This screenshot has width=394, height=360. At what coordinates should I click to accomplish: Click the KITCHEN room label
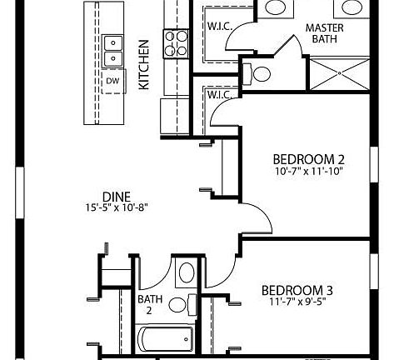(x=143, y=64)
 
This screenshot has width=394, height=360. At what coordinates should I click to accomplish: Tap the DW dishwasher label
(x=112, y=81)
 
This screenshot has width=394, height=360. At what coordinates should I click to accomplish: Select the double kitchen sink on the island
(x=112, y=50)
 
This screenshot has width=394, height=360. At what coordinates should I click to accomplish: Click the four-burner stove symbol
(x=176, y=42)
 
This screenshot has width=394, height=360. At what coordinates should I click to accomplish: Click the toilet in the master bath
(x=259, y=73)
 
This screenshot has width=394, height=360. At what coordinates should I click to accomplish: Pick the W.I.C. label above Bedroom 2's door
(x=218, y=95)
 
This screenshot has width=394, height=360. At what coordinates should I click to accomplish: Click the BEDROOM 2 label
(x=309, y=158)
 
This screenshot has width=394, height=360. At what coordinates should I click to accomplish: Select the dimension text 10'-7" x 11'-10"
(x=309, y=172)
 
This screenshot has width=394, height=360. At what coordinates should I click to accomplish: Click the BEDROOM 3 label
(x=297, y=290)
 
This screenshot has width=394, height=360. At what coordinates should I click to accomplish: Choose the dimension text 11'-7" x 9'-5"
(x=297, y=302)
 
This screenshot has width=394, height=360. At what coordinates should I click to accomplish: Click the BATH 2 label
(x=150, y=304)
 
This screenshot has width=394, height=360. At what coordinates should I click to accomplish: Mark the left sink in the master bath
(x=273, y=7)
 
